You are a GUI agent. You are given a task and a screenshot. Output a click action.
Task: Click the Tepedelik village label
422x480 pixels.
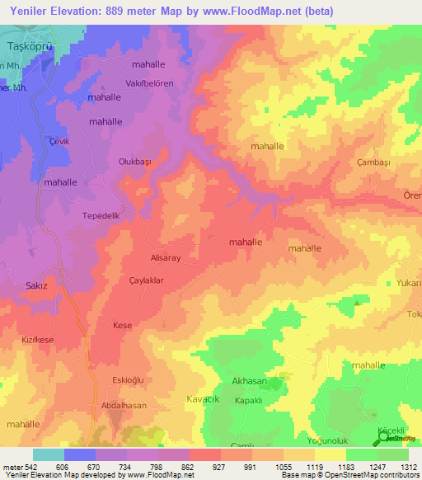pyautogui.click(x=101, y=216)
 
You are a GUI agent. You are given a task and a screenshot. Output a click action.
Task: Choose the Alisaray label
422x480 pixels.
pyautogui.click(x=164, y=257)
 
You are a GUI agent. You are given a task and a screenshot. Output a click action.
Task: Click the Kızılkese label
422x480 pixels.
pyautogui.click(x=38, y=340)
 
